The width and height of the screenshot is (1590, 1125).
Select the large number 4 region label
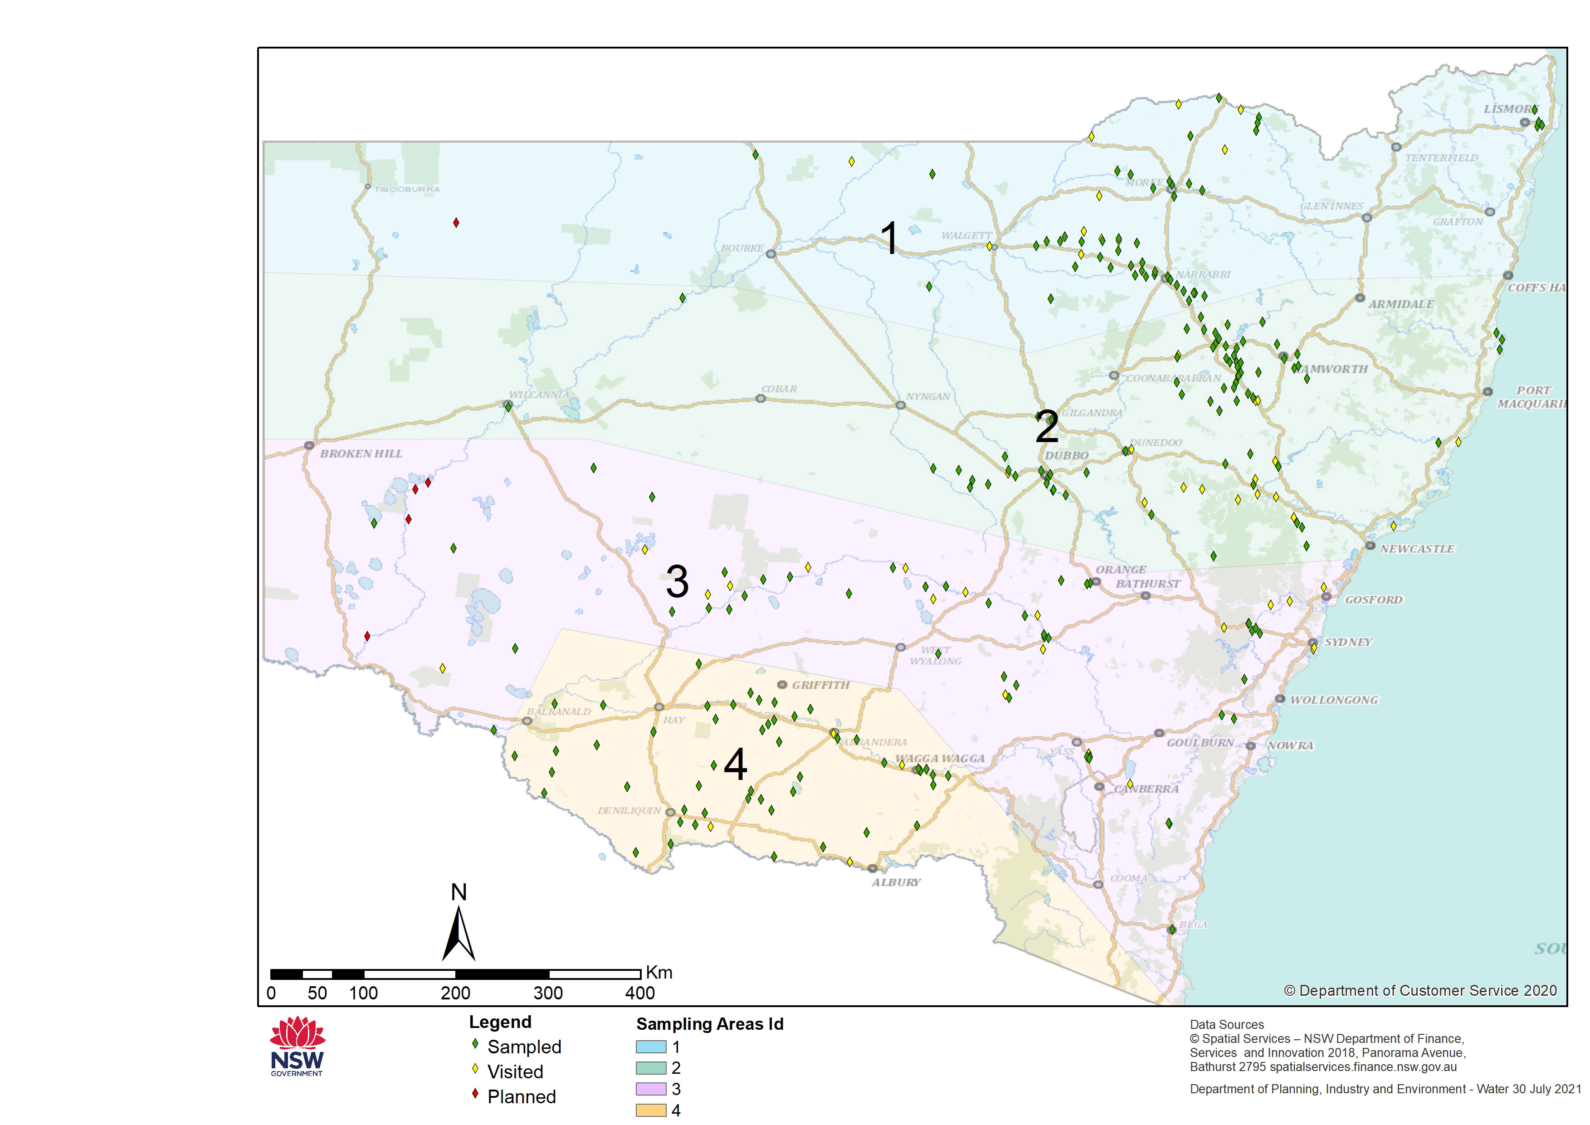pyautogui.click(x=735, y=765)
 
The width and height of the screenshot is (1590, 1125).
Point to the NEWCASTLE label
pyautogui.click(x=1417, y=549)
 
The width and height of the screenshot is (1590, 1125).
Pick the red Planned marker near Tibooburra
pyautogui.click(x=456, y=222)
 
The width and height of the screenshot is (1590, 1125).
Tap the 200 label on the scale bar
pyautogui.click(x=455, y=994)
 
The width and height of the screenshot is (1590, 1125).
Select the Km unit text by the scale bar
pyautogui.click(x=659, y=973)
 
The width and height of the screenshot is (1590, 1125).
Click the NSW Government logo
pyautogui.click(x=297, y=1046)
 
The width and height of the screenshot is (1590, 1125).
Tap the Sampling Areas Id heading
pyautogui.click(x=709, y=1024)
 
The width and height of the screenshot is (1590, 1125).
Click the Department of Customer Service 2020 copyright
pyautogui.click(x=1420, y=991)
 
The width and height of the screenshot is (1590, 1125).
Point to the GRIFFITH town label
pyautogui.click(x=820, y=685)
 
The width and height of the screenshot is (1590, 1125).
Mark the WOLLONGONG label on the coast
pyautogui.click(x=1334, y=701)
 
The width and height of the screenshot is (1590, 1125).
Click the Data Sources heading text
pyautogui.click(x=1226, y=1024)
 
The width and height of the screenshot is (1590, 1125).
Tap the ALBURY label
pyautogui.click(x=896, y=882)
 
